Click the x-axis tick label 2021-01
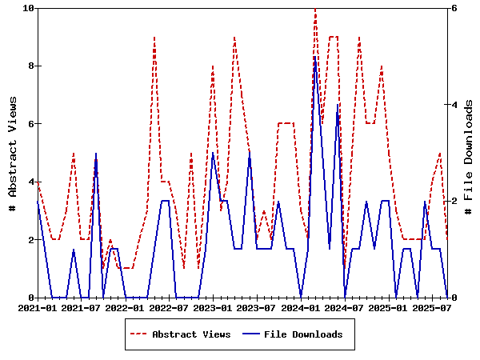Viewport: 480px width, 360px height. (37, 307)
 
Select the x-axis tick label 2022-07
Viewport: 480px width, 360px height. (169, 307)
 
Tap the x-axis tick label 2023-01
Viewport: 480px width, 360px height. (213, 307)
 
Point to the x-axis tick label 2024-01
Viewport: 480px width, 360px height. (301, 307)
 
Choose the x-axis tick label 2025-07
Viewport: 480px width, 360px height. (432, 307)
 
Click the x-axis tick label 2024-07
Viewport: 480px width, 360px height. (345, 307)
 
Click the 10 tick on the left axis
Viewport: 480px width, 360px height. (29, 8)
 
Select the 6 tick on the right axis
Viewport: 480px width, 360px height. (454, 8)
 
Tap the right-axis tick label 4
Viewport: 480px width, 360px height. (454, 105)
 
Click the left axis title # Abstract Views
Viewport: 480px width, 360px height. (12, 153)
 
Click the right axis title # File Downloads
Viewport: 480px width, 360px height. (469, 153)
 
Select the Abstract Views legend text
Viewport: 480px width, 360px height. (191, 334)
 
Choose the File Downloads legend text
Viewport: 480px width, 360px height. (303, 334)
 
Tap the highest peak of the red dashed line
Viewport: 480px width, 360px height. (315, 9)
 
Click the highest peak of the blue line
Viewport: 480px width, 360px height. (315, 57)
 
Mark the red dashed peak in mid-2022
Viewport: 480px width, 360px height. (154, 38)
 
